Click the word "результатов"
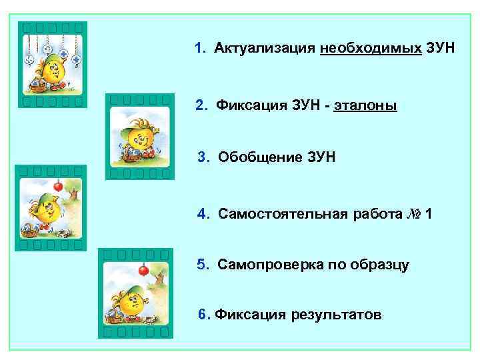(337, 314)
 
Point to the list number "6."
(204, 314)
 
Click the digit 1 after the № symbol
(428, 215)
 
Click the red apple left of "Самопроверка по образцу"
(142, 270)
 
